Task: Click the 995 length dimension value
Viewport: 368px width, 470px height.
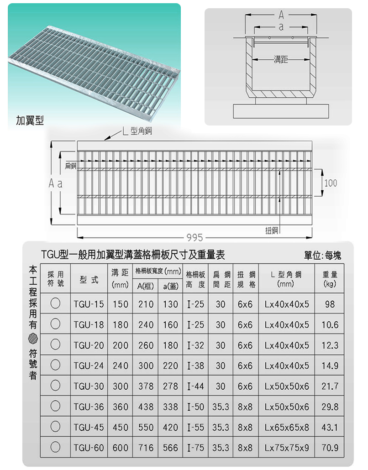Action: [x=195, y=238]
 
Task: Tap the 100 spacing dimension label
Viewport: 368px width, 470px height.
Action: [x=331, y=183]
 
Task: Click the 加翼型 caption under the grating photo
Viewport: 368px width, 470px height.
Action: [x=30, y=120]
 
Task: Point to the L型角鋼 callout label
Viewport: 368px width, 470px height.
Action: [x=137, y=131]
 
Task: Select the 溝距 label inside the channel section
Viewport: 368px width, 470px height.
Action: [x=281, y=59]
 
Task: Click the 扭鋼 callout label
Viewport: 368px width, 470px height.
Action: [x=271, y=230]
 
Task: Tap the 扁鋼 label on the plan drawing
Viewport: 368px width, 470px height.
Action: [x=70, y=166]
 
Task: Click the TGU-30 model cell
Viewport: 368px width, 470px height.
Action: [x=89, y=386]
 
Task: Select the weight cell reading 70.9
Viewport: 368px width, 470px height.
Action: [x=330, y=448]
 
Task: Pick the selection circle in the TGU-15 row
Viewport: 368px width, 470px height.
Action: [x=55, y=303]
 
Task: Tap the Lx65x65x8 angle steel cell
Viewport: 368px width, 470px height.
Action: [x=287, y=427]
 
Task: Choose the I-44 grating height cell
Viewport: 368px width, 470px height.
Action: [x=195, y=386]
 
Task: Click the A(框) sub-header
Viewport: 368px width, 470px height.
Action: [x=146, y=286]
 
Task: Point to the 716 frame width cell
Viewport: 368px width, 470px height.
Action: [x=146, y=448]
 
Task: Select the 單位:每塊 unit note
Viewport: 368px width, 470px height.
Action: [x=322, y=256]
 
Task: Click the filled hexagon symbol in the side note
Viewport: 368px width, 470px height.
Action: [x=33, y=339]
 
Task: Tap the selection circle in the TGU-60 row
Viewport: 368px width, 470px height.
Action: [x=55, y=447]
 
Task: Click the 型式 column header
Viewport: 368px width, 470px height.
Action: [x=89, y=280]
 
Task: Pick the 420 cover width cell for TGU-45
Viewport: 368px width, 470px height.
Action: [x=170, y=427]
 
